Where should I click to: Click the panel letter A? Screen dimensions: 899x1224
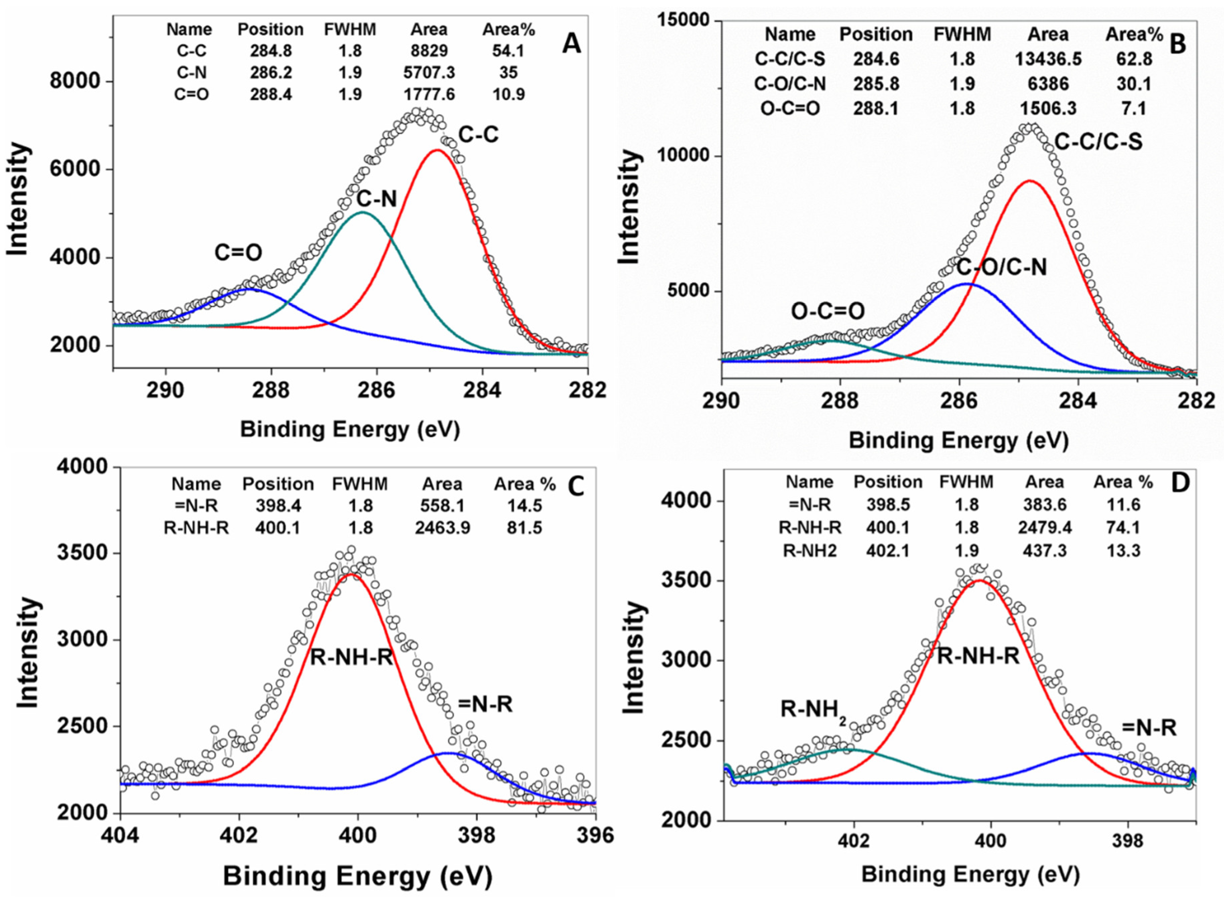tap(571, 44)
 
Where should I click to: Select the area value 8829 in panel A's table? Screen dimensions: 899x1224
tap(429, 51)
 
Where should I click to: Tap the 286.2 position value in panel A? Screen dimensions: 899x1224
tap(271, 72)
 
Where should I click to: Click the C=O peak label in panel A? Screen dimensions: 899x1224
tap(238, 252)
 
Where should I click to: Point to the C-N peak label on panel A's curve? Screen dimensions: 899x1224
tap(377, 200)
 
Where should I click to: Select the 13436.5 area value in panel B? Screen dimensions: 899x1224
tap(1047, 59)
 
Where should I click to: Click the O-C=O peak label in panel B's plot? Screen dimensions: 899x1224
tap(828, 311)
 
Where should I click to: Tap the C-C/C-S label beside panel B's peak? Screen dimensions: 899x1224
tap(1098, 142)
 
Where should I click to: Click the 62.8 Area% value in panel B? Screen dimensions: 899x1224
tap(1134, 59)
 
